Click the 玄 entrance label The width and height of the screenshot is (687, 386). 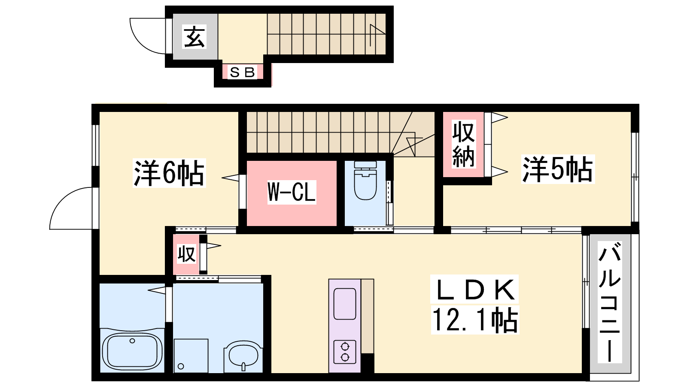click(x=195, y=36)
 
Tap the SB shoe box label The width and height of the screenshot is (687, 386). click(x=242, y=72)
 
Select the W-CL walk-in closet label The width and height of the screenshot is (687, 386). click(x=292, y=192)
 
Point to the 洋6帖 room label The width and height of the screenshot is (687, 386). click(x=169, y=173)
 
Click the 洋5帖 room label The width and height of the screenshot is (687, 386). click(x=558, y=169)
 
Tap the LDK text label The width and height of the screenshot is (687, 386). click(x=474, y=289)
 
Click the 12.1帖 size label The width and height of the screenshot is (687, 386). click(x=475, y=320)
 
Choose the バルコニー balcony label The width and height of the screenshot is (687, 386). click(x=610, y=302)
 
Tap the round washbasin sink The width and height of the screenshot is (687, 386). click(x=243, y=356)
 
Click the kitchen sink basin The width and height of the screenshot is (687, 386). click(x=345, y=303)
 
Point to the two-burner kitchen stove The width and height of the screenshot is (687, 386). click(x=345, y=352)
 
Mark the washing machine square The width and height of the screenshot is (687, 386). click(x=191, y=356)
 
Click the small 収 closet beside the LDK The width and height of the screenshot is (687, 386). click(x=186, y=254)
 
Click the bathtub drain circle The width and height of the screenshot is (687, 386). click(x=132, y=341)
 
